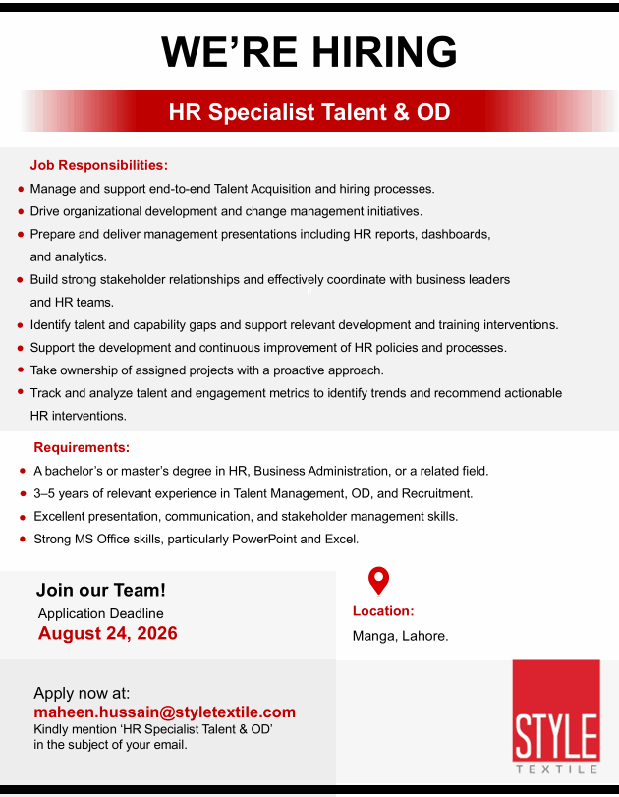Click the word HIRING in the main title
(x=384, y=52)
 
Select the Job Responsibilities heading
(x=99, y=165)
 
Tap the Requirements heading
(x=82, y=447)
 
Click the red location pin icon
(x=378, y=580)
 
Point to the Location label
(x=383, y=611)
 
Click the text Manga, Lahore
(x=401, y=636)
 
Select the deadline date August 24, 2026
(x=108, y=633)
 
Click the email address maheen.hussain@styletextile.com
(x=165, y=712)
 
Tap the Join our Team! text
(x=100, y=590)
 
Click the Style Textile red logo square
(x=556, y=711)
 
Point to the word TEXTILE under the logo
(x=556, y=769)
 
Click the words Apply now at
(x=82, y=693)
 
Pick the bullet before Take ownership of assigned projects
(x=21, y=370)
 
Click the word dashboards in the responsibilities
(x=456, y=234)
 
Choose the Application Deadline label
(x=100, y=613)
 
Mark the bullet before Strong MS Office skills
(x=23, y=539)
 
